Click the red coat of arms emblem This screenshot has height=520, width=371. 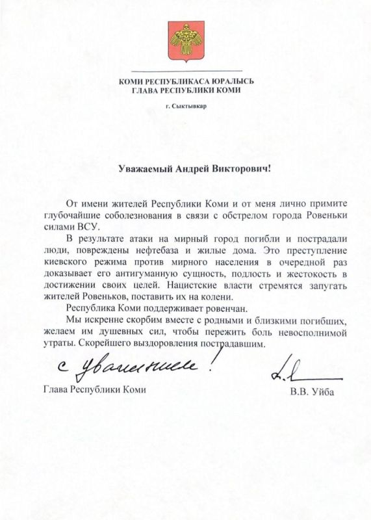(186, 40)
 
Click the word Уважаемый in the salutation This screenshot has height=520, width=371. (146, 168)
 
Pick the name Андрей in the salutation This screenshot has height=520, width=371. (193, 168)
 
